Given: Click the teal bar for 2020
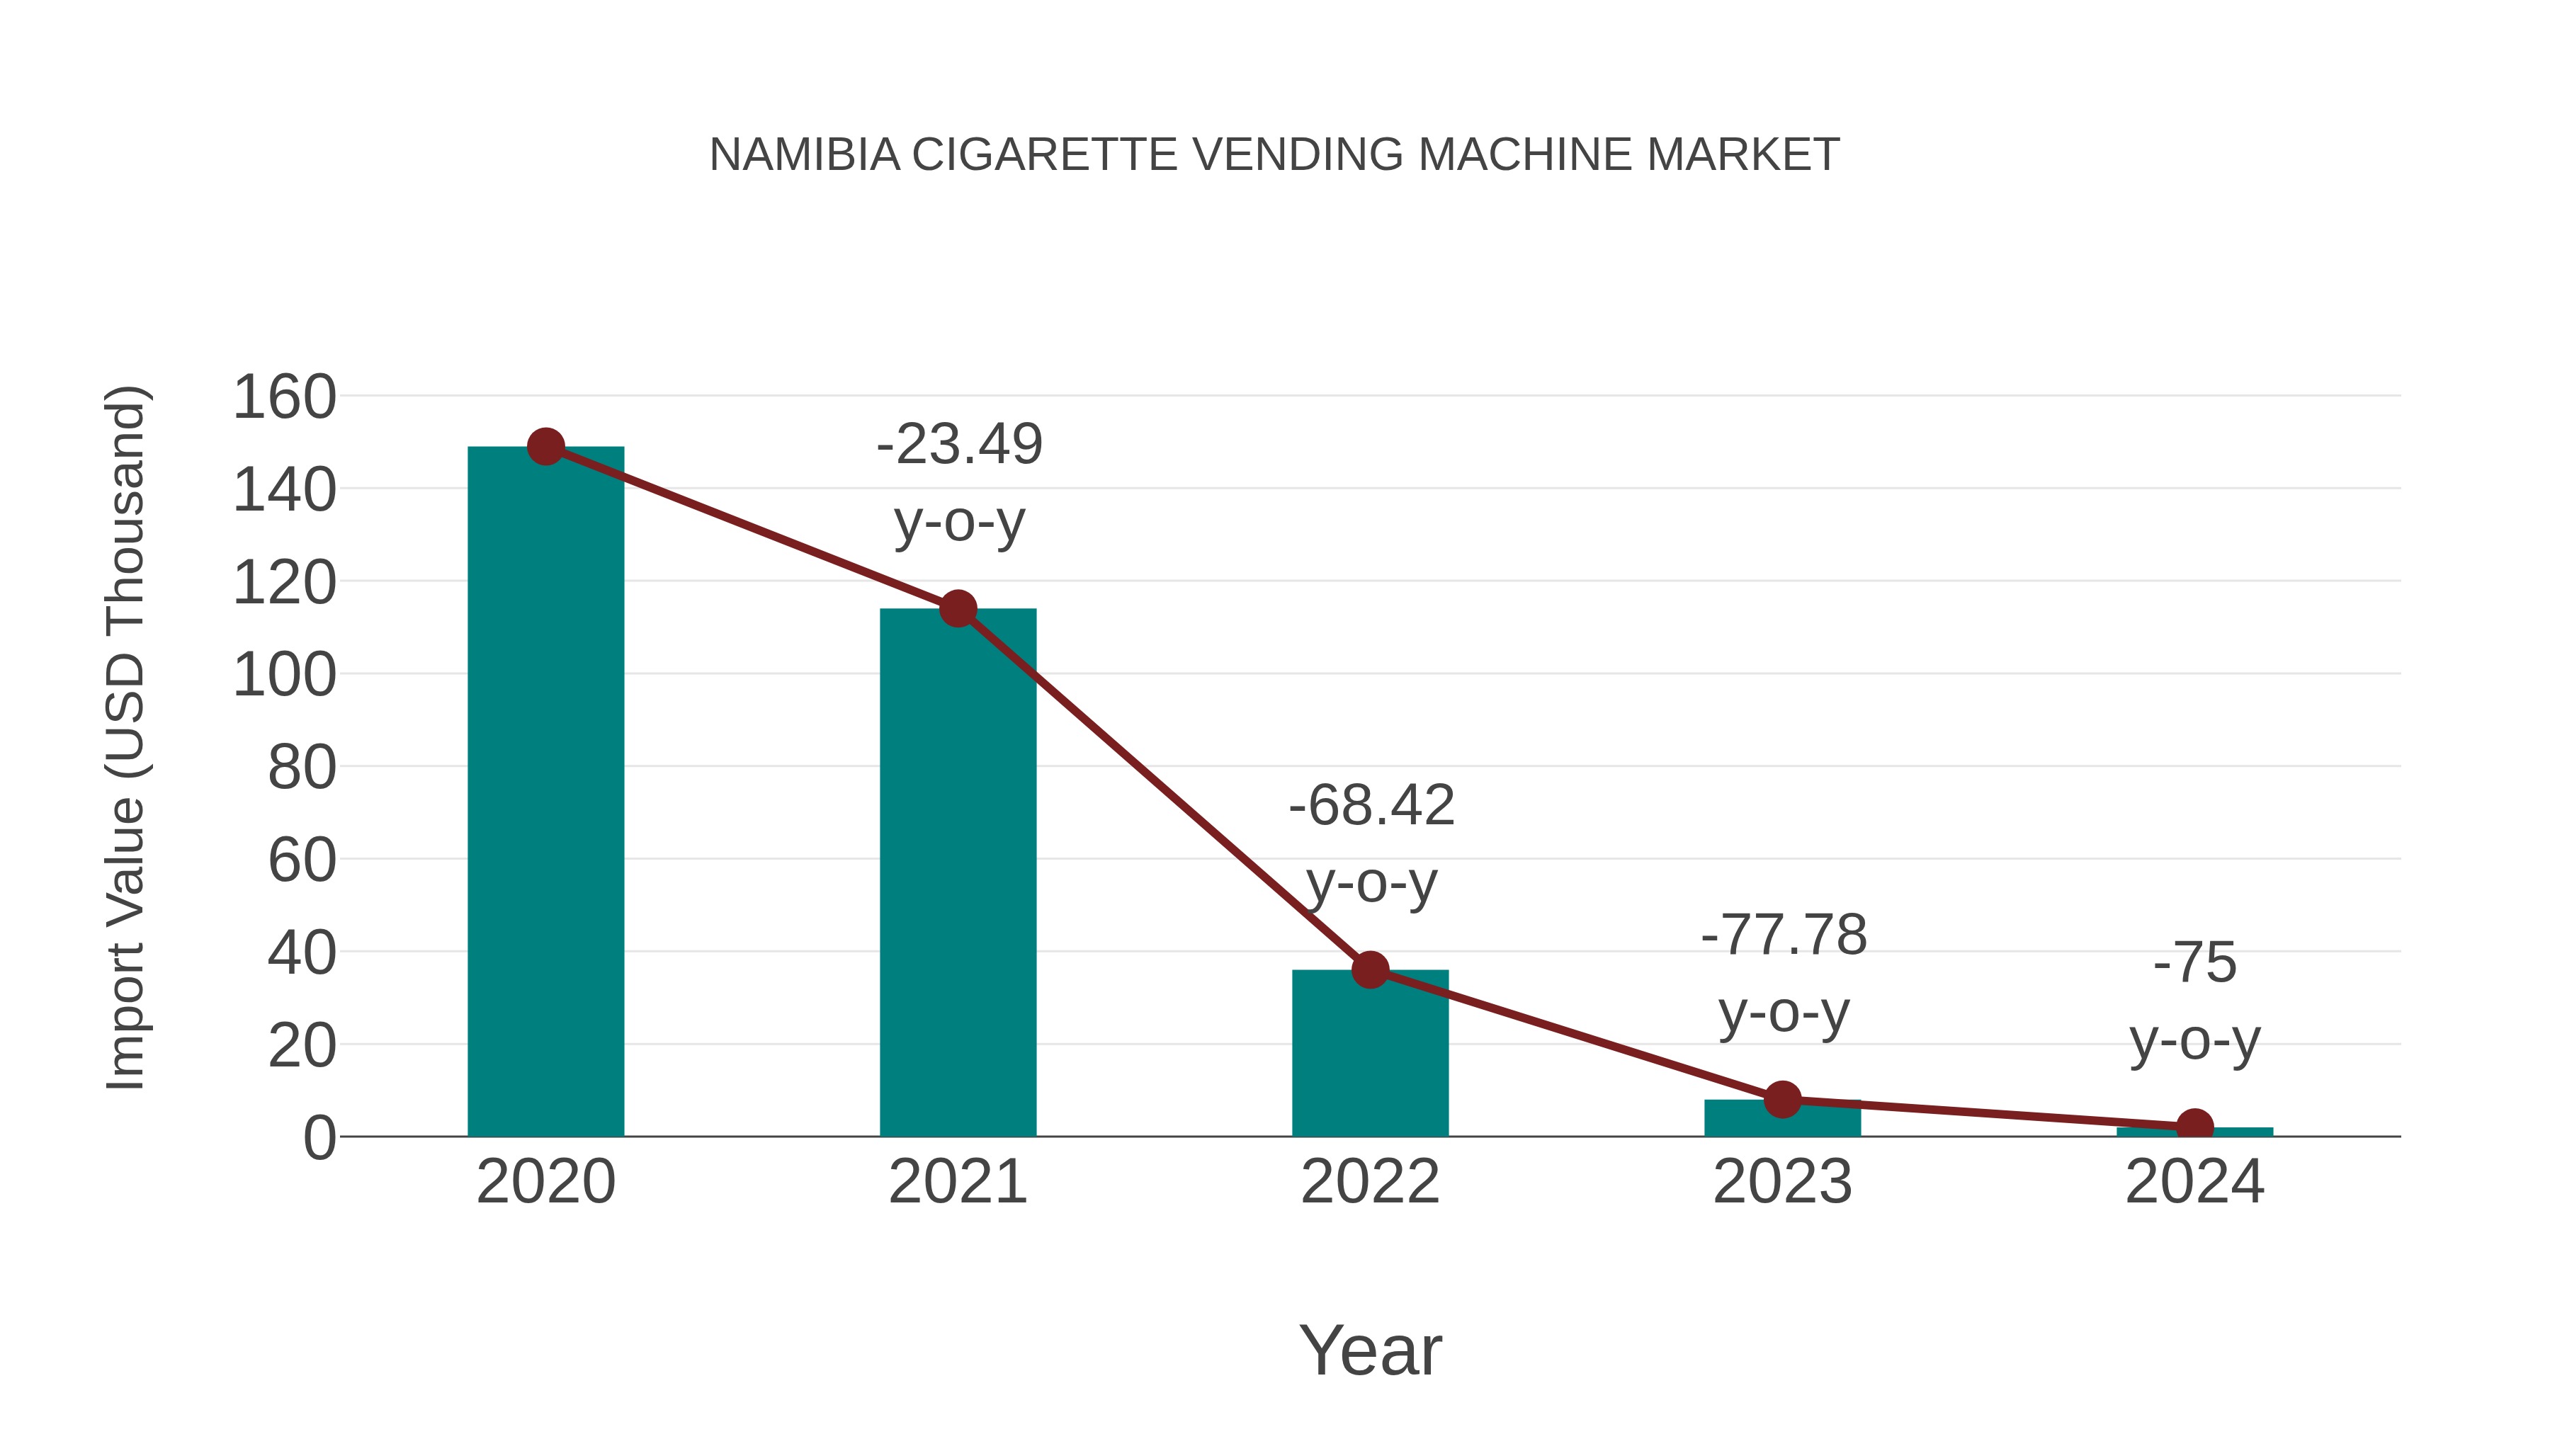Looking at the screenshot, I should coord(545,792).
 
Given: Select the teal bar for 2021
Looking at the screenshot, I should coord(957,871).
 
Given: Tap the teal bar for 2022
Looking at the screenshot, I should coord(1370,1054).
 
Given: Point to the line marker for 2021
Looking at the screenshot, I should coord(957,608).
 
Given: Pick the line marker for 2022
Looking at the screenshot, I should coord(1370,970).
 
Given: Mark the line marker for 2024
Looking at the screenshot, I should coord(2194,1126).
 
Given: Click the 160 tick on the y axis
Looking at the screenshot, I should coord(284,398).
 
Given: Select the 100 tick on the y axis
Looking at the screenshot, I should coord(284,676).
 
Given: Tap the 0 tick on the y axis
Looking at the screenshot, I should coord(319,1138).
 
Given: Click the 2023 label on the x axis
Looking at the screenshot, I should coord(1782,1182).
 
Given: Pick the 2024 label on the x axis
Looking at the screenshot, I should coord(2194,1182).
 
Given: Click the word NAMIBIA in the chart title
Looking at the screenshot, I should coord(804,155).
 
